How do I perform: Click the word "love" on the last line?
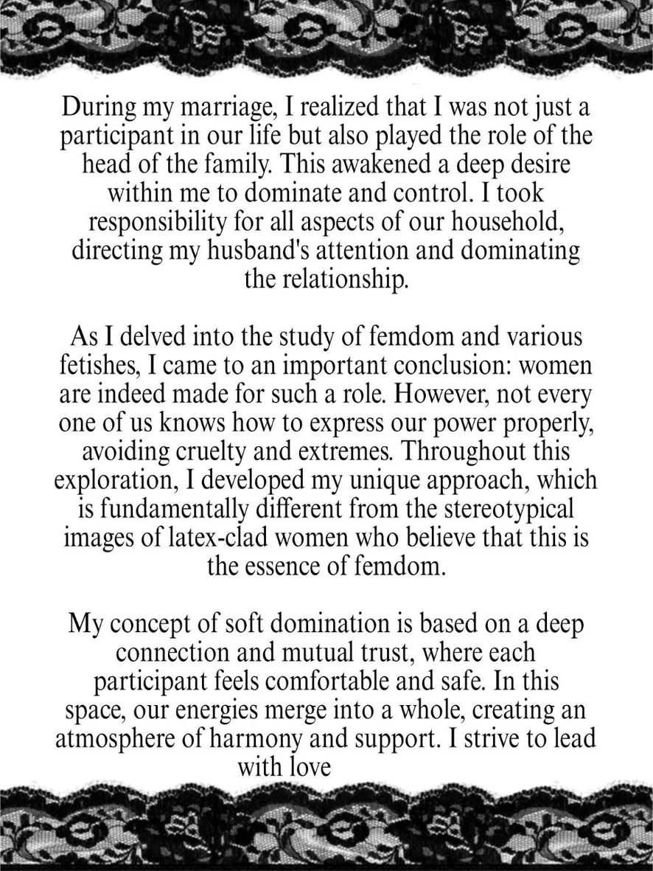coord(304,766)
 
